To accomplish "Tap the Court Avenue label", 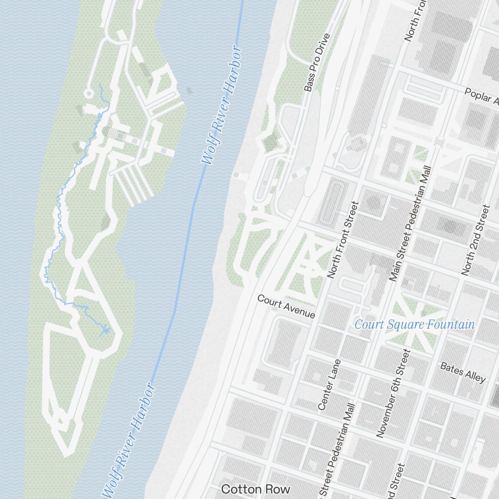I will (286, 306).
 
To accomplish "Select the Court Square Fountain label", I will (414, 325).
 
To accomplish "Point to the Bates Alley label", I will (463, 372).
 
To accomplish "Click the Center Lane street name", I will (329, 385).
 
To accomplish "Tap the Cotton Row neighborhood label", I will (255, 488).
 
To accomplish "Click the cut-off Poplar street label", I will (482, 97).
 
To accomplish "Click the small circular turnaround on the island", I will (88, 93).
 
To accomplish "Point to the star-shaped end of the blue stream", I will (105, 330).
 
